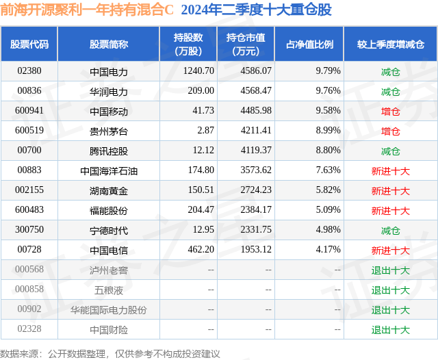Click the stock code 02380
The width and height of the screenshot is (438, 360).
click(x=29, y=71)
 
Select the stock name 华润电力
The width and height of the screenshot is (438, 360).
click(x=109, y=92)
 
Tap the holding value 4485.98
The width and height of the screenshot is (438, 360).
click(x=256, y=111)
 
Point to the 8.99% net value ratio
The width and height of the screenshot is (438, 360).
click(x=328, y=131)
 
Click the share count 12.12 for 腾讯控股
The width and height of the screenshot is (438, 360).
click(x=203, y=151)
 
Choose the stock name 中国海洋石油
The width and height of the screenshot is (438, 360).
click(x=109, y=171)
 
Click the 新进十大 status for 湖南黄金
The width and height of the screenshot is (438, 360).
click(x=391, y=191)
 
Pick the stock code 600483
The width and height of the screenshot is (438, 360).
click(x=29, y=209)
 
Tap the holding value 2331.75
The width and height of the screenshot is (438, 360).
click(x=256, y=229)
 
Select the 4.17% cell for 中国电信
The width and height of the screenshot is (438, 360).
click(x=328, y=249)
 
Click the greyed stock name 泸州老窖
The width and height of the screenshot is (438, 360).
click(x=109, y=270)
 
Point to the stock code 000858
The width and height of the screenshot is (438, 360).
click(x=29, y=289)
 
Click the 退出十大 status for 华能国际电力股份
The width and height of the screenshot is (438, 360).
click(x=391, y=310)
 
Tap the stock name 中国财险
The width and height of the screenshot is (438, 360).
click(x=109, y=330)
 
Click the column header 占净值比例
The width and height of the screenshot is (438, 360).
click(x=309, y=44)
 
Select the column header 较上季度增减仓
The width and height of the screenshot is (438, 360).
click(x=391, y=44)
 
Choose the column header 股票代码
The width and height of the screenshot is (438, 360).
click(x=29, y=44)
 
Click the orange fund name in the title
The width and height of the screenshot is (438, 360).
click(x=87, y=10)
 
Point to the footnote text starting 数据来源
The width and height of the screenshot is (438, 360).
click(x=109, y=354)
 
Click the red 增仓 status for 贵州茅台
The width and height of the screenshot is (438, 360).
click(x=391, y=131)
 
